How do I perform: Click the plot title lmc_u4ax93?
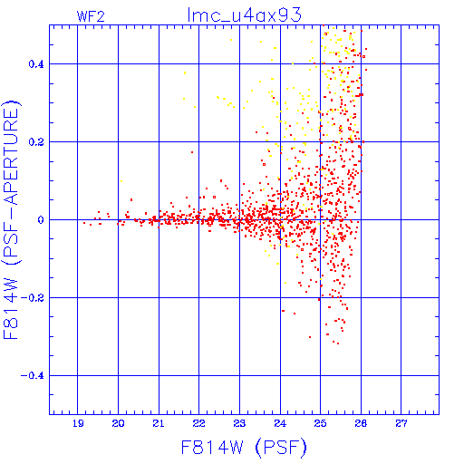(245, 14)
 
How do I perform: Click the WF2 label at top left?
(91, 16)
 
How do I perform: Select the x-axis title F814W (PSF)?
(244, 448)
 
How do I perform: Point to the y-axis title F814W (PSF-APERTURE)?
(12, 219)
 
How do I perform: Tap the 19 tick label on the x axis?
(78, 423)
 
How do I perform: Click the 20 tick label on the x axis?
(118, 423)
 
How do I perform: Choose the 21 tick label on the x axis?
(159, 423)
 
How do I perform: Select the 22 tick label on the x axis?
(199, 423)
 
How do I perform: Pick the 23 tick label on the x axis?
(239, 423)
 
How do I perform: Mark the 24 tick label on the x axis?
(280, 423)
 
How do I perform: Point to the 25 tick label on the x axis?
(320, 423)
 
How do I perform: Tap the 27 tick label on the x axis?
(401, 423)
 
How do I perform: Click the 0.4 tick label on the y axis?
(36, 64)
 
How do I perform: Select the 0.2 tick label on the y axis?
(36, 142)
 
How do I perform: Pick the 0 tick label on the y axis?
(41, 220)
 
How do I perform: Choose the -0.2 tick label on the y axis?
(33, 298)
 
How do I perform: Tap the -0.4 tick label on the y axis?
(33, 376)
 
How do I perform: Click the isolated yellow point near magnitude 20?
(121, 181)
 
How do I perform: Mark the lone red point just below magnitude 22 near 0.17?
(192, 152)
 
